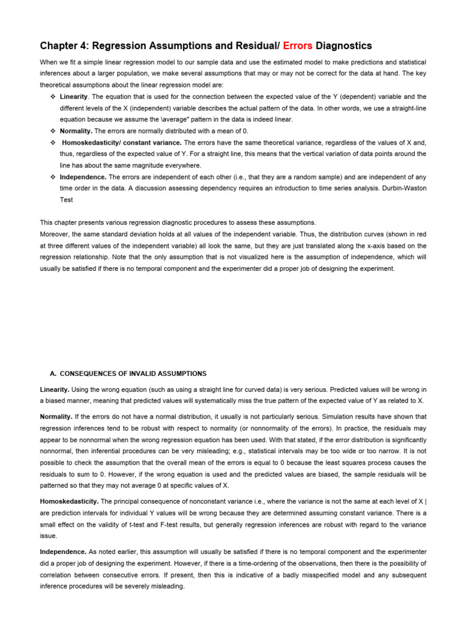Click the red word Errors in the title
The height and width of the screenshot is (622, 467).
297,46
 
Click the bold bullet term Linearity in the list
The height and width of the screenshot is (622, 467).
74,97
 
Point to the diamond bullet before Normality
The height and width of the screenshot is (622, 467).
52,131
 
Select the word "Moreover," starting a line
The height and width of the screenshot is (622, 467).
55,234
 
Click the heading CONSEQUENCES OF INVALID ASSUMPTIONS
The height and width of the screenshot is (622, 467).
133,374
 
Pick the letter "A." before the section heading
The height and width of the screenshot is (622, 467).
52,374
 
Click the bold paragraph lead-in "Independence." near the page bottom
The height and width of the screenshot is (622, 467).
63,552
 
